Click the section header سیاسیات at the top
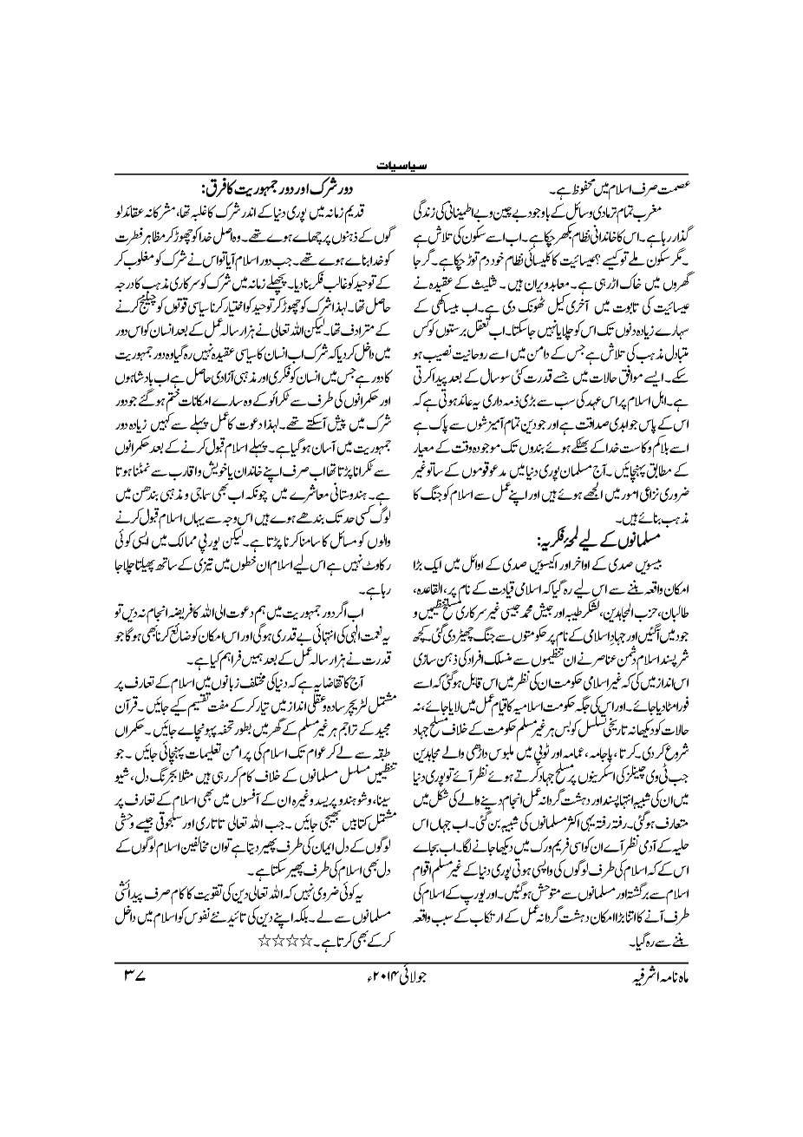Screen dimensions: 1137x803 click(401, 162)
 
